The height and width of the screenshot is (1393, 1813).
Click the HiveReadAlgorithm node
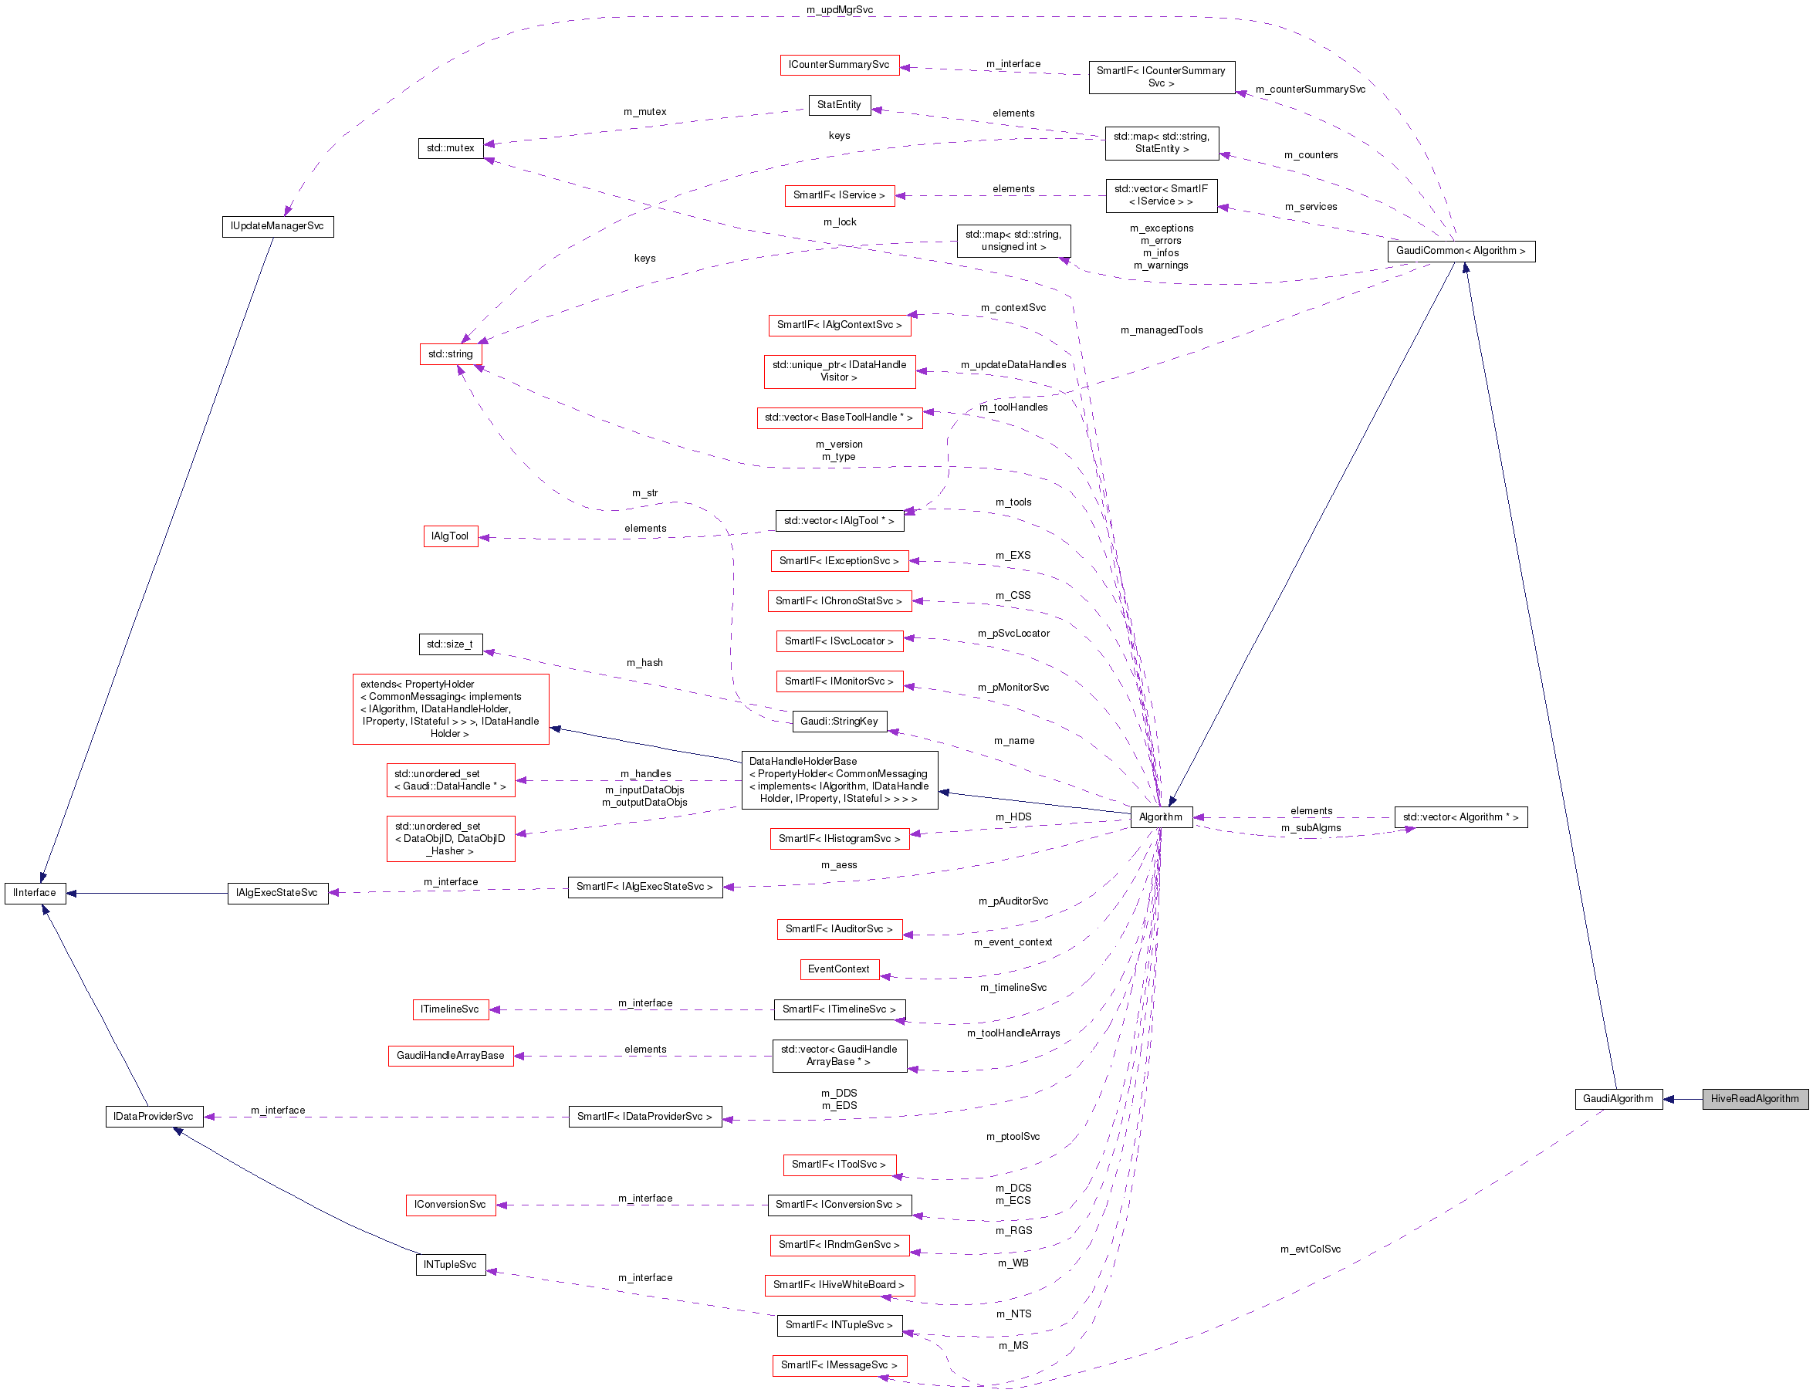pyautogui.click(x=1754, y=1099)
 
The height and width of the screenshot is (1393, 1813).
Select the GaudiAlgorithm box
pyautogui.click(x=1617, y=1099)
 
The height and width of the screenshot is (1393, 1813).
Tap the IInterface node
pyautogui.click(x=35, y=893)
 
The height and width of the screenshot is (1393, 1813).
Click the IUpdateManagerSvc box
pyautogui.click(x=277, y=226)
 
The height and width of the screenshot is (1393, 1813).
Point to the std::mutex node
pyautogui.click(x=450, y=148)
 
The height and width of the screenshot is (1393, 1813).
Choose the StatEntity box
pyautogui.click(x=838, y=105)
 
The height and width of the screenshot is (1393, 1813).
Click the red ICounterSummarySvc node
pyautogui.click(x=838, y=65)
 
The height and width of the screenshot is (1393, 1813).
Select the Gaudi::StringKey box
pyautogui.click(x=838, y=722)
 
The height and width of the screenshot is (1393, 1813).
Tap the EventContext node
pyautogui.click(x=838, y=969)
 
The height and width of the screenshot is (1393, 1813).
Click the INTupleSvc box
pyautogui.click(x=449, y=1264)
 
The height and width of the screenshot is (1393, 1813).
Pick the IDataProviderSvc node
pyautogui.click(x=154, y=1117)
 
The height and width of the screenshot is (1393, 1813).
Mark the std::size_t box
pyautogui.click(x=449, y=644)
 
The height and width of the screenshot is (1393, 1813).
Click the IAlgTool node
pyautogui.click(x=449, y=536)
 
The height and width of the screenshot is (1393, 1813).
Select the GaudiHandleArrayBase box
pyautogui.click(x=450, y=1056)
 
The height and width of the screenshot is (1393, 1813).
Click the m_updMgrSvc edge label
pyautogui.click(x=839, y=10)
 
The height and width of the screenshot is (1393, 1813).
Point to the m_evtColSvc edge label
pyautogui.click(x=1310, y=1249)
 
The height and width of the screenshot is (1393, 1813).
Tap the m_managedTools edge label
pyautogui.click(x=1161, y=330)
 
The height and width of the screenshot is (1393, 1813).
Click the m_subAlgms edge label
pyautogui.click(x=1311, y=828)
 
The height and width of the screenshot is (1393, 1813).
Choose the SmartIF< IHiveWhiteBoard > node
pyautogui.click(x=838, y=1285)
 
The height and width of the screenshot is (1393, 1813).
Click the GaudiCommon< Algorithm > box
pyautogui.click(x=1460, y=252)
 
